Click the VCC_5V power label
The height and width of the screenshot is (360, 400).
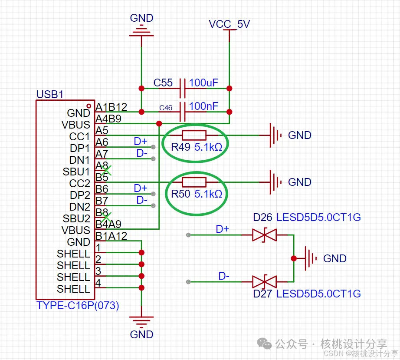point(229,24)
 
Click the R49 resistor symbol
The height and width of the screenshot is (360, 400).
point(194,135)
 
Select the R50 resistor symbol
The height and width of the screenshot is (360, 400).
point(194,182)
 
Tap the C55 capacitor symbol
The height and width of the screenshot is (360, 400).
point(183,88)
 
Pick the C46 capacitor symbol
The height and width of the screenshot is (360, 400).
point(183,112)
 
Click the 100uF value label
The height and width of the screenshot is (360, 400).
point(203,83)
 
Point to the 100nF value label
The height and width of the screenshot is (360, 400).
point(203,106)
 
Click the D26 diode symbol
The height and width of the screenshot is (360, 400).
point(264,235)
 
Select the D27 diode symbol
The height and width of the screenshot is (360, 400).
point(264,282)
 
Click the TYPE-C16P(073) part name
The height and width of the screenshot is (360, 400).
point(78,305)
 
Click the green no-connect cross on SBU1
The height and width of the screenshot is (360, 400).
point(106,170)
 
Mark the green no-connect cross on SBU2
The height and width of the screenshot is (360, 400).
point(106,216)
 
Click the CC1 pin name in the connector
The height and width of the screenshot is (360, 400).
point(79,136)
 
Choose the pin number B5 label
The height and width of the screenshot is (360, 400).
point(102,177)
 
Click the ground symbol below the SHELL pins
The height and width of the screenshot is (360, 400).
point(141,321)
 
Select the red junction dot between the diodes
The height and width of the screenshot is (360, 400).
point(294,258)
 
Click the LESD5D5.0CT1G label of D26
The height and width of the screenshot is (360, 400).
point(319,217)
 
